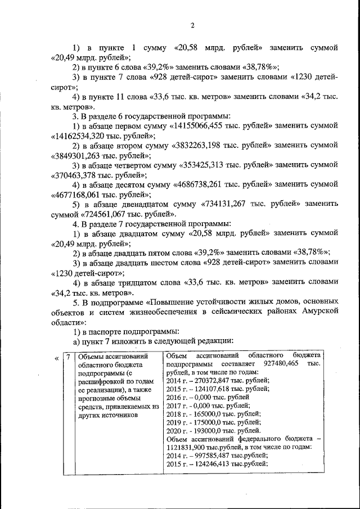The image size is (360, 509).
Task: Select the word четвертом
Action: click(x=140, y=165)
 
